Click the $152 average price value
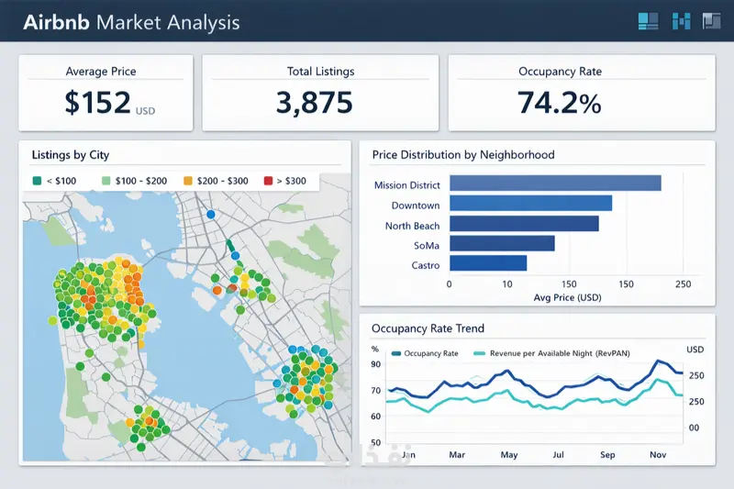click(x=98, y=102)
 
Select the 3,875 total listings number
click(x=315, y=102)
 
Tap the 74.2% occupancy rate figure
click(x=559, y=102)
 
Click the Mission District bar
click(x=555, y=184)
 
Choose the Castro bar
click(x=488, y=264)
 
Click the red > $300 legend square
click(x=269, y=181)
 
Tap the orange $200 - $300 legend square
click(x=189, y=181)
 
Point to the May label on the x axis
click(x=508, y=454)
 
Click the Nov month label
click(x=657, y=454)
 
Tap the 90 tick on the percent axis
click(x=375, y=364)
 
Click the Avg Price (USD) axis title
click(x=567, y=298)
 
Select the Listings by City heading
click(x=71, y=155)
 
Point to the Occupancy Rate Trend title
click(x=428, y=328)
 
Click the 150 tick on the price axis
click(x=567, y=284)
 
